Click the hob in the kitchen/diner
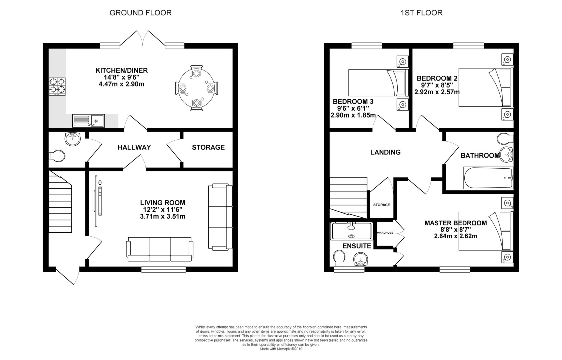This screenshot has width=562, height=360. click(57, 87)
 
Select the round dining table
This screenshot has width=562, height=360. click(196, 88)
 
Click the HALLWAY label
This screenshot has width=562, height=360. click(134, 148)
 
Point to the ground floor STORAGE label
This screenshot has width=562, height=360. click(208, 148)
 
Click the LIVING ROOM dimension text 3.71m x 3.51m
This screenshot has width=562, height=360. click(163, 217)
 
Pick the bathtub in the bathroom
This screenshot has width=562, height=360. click(488, 178)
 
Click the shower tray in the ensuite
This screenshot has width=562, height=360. click(352, 231)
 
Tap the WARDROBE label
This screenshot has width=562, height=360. click(385, 233)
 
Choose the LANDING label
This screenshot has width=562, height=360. click(385, 152)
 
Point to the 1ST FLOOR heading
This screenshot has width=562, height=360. click(421, 13)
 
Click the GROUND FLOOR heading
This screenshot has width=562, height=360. click(140, 13)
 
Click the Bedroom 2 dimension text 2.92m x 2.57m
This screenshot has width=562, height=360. click(437, 92)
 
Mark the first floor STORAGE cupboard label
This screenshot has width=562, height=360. click(381, 205)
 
